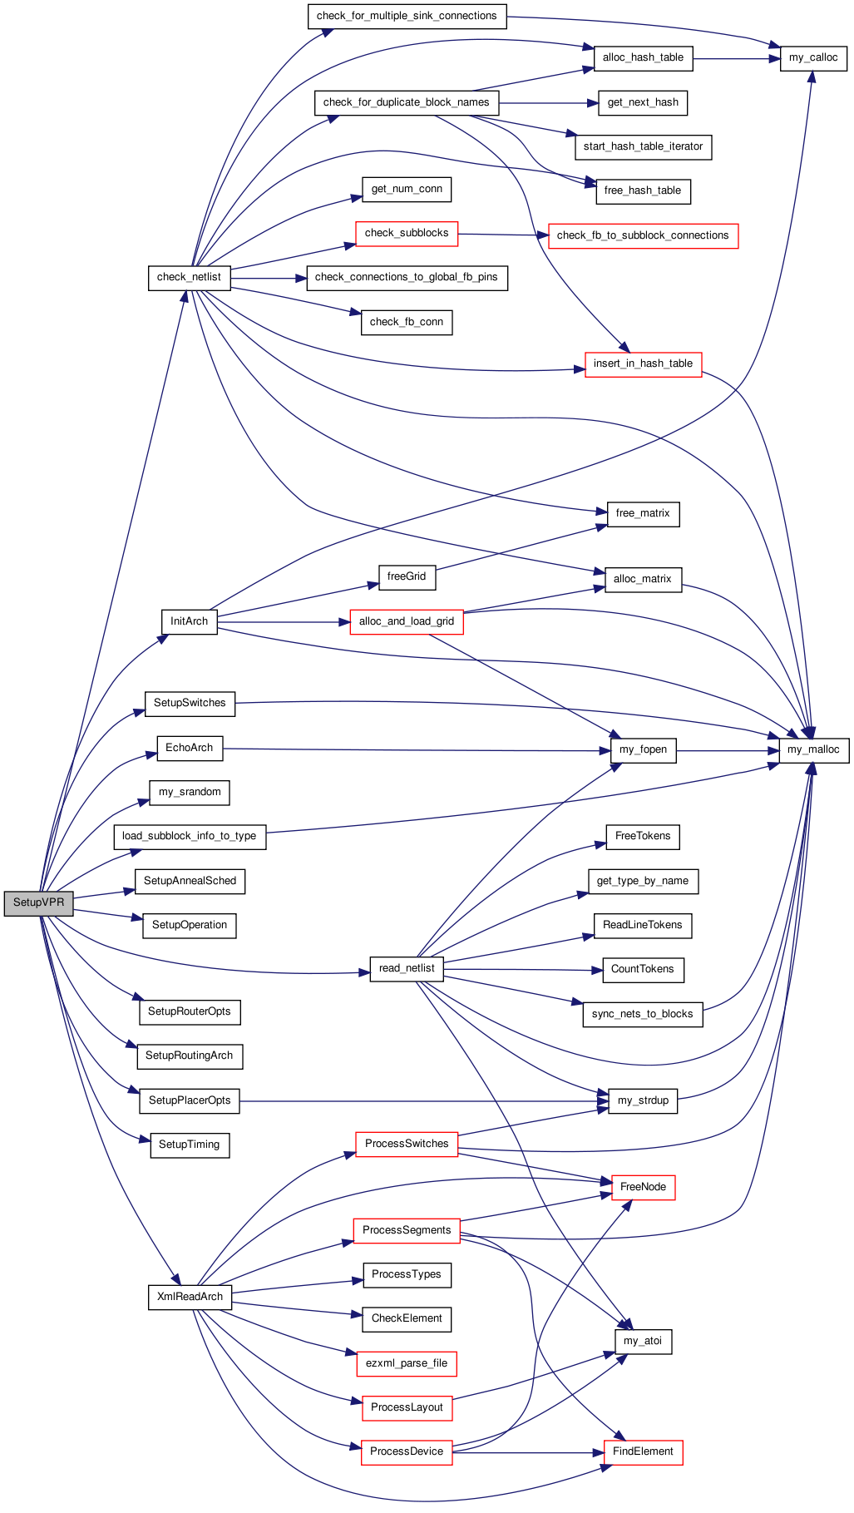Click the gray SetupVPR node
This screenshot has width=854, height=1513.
point(38,903)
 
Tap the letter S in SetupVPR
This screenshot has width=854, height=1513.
point(17,902)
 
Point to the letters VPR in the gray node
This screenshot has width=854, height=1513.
point(53,902)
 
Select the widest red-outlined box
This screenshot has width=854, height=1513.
point(643,236)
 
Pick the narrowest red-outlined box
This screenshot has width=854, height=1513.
point(643,1188)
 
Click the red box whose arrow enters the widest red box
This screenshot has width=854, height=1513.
point(407,235)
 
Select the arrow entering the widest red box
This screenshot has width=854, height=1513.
point(503,235)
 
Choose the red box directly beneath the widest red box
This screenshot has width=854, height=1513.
point(643,365)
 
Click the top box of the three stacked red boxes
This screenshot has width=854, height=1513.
point(406,1364)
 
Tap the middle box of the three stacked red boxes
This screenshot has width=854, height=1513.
point(407,1409)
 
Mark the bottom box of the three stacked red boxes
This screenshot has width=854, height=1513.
point(407,1453)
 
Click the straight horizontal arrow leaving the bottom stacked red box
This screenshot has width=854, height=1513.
point(528,1453)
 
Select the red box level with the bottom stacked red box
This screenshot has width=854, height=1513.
point(643,1453)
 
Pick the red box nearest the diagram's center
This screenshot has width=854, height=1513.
point(406,622)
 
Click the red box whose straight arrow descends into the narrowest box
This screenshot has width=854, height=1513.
point(406,1145)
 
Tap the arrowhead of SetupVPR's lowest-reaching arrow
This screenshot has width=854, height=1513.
point(177,1282)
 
